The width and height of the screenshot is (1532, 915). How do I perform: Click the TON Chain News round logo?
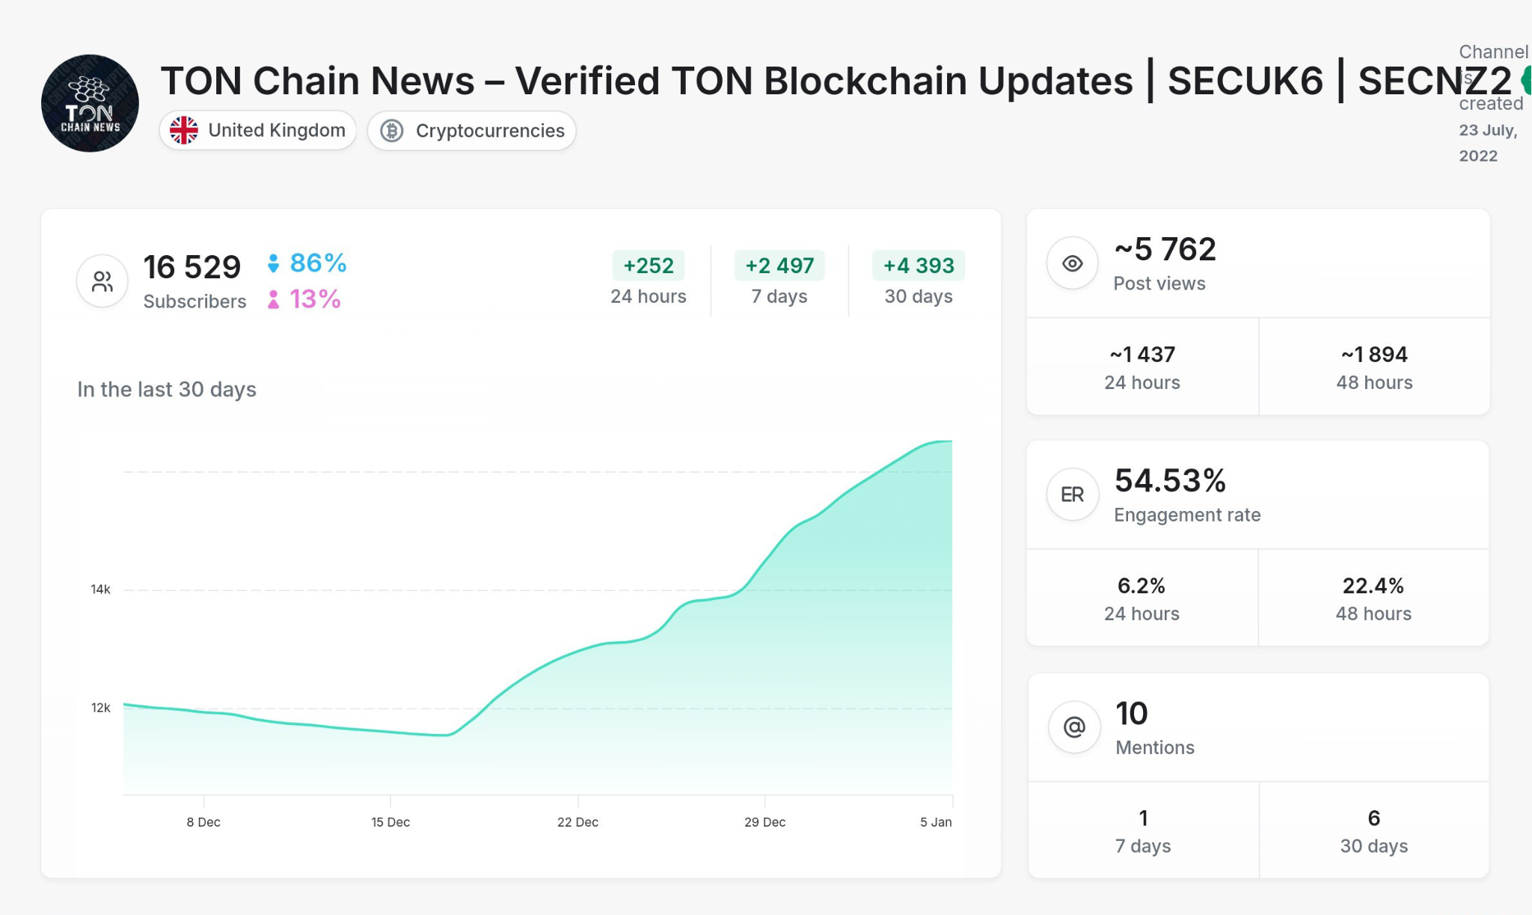pos(90,103)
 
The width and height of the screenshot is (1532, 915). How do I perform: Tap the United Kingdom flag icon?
pos(183,130)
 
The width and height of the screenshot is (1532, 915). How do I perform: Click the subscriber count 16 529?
pos(191,267)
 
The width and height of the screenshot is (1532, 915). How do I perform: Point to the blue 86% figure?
pos(318,263)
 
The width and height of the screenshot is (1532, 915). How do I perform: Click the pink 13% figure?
pos(315,299)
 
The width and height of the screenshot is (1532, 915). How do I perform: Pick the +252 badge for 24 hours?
pos(648,266)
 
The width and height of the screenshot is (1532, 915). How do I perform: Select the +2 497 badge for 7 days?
pos(779,266)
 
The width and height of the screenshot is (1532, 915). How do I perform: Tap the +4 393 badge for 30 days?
pos(919,266)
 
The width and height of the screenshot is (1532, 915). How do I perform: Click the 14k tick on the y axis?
pos(100,590)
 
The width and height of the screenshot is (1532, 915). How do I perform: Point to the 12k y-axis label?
pos(100,708)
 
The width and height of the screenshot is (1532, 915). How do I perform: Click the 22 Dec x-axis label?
pos(577,822)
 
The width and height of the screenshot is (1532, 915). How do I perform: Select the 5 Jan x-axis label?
pos(936,822)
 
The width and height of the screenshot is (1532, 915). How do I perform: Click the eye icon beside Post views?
pos(1072,263)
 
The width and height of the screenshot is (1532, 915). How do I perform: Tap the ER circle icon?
pos(1072,495)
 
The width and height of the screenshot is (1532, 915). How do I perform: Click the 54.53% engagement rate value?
pos(1170,480)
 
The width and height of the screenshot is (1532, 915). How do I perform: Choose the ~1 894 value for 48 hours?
pos(1374,355)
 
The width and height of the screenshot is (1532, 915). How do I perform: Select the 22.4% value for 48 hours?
pos(1373,586)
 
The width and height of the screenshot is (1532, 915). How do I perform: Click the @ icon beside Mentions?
pos(1074,726)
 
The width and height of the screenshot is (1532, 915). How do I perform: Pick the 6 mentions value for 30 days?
pos(1373,818)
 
